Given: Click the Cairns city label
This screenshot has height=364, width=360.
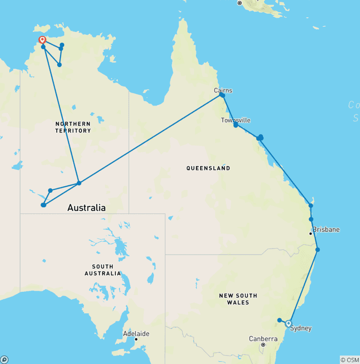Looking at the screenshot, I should click(223, 91).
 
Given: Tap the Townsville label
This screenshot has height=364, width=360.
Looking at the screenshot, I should click(235, 121).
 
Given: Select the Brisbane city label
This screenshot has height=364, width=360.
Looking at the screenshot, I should click(326, 230).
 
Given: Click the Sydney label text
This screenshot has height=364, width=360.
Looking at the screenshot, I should click(300, 328).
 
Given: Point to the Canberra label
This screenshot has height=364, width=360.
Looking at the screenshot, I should click(263, 339).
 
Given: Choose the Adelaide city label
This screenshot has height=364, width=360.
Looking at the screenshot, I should click(136, 334).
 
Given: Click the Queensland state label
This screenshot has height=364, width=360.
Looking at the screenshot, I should click(208, 168).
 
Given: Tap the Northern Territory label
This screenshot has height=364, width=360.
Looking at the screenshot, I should click(73, 127).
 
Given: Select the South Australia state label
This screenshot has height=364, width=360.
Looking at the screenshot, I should click(103, 270).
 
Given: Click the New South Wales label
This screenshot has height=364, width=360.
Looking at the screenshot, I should click(238, 299).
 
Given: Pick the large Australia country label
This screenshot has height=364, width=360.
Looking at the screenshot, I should click(86, 207).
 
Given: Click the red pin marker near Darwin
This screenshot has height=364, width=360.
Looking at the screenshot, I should click(42, 40).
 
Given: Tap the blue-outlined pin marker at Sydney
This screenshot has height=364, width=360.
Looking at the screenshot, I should click(288, 323).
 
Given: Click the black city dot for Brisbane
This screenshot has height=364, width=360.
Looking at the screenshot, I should click(310, 233).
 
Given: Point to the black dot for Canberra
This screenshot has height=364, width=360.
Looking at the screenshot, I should click(263, 345).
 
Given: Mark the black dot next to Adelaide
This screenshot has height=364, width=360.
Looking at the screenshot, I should click(136, 339).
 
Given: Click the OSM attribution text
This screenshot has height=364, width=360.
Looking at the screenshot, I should click(350, 360).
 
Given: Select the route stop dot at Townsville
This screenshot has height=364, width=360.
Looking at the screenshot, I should click(236, 125).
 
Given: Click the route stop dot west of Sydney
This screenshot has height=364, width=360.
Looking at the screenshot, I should click(279, 320).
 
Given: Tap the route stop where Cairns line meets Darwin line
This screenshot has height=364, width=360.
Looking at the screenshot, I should click(79, 183).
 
